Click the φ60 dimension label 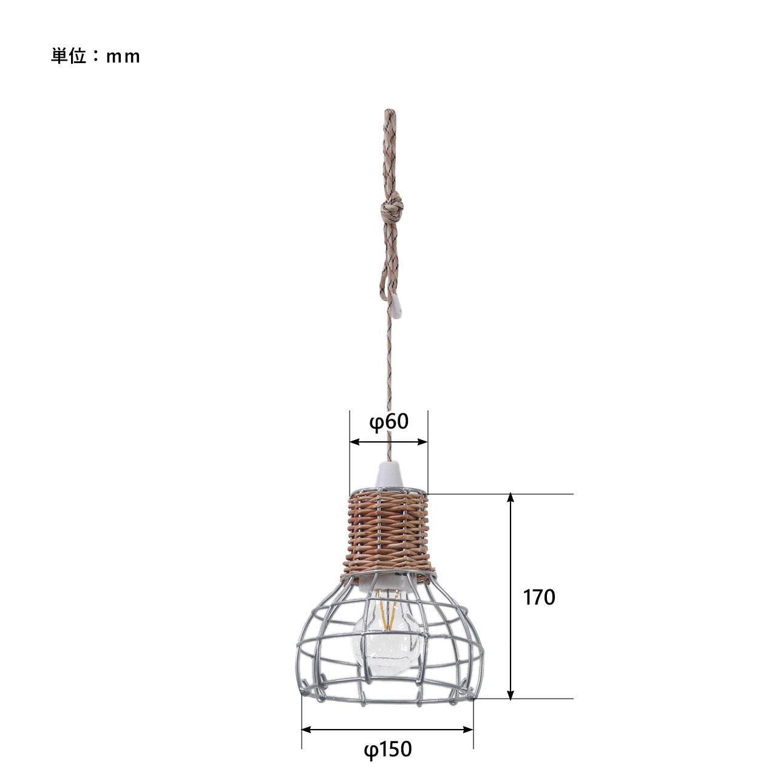pyautogui.click(x=388, y=422)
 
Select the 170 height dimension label pyautogui.click(x=538, y=597)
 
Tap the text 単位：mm pyautogui.click(x=95, y=56)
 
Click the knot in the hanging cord pyautogui.click(x=392, y=208)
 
